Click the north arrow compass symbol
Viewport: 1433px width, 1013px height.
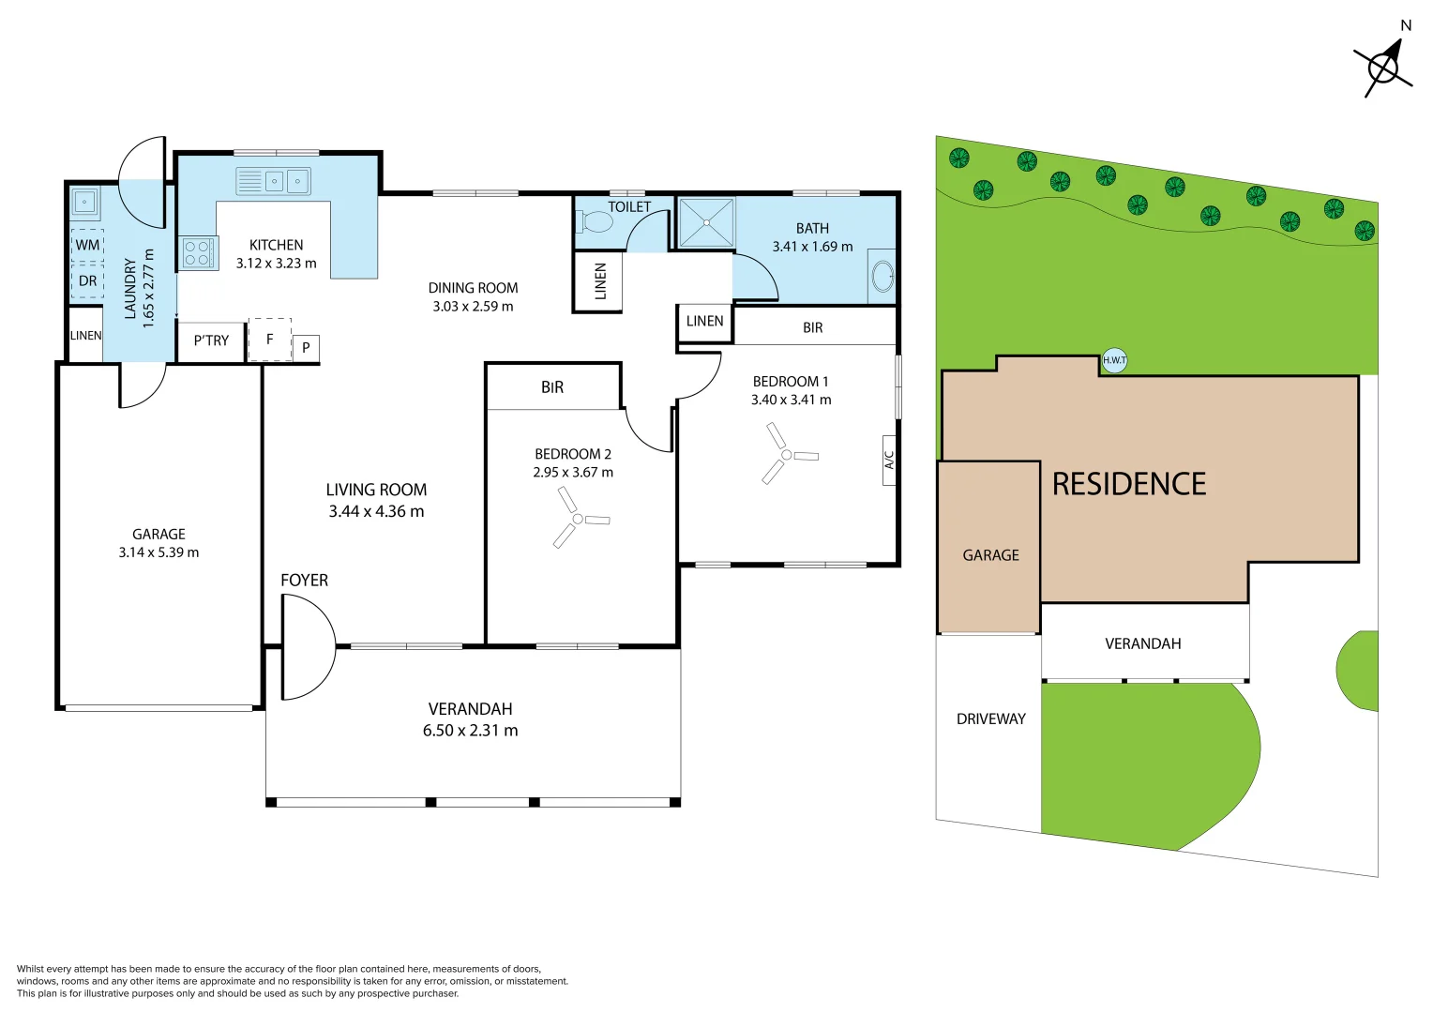(x=1383, y=69)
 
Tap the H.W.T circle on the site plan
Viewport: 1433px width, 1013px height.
(x=1114, y=360)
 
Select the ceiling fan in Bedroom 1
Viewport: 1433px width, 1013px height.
(x=788, y=454)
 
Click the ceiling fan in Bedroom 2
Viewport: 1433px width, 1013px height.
(x=579, y=519)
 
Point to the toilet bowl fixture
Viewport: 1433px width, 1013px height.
(x=595, y=222)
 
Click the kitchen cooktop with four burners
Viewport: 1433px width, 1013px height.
(x=198, y=252)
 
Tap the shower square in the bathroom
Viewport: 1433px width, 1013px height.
(x=706, y=222)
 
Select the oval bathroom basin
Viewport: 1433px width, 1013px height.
(x=882, y=277)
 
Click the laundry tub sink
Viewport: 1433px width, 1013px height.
(x=84, y=202)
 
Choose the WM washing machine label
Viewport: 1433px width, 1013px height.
(x=87, y=245)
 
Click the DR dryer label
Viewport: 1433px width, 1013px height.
(x=87, y=281)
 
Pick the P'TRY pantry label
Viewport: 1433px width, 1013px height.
(x=211, y=340)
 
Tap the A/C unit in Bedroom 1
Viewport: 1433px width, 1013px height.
(x=888, y=461)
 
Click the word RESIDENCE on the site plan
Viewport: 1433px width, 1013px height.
(x=1129, y=484)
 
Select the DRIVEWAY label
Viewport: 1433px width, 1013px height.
(x=991, y=718)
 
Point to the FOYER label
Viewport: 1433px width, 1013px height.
(x=304, y=580)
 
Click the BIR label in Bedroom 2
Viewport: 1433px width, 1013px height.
(x=552, y=387)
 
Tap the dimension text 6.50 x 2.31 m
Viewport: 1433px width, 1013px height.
(x=470, y=730)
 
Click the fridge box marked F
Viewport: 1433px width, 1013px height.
(x=270, y=340)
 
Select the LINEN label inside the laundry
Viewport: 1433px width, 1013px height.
(x=85, y=335)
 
